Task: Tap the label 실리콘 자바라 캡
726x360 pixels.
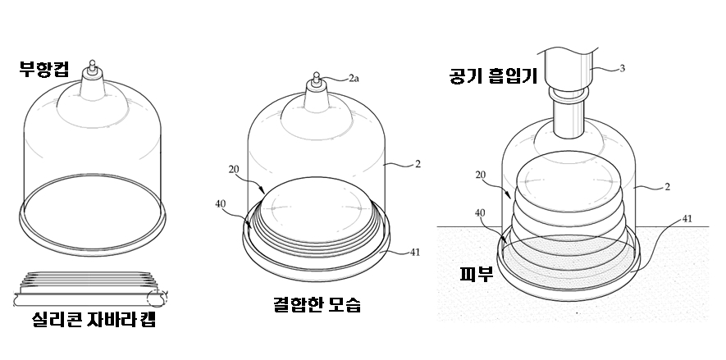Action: (x=95, y=320)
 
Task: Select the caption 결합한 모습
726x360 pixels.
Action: (x=317, y=306)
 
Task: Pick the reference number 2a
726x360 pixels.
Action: (x=353, y=79)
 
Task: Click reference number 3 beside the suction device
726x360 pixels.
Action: (x=622, y=68)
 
